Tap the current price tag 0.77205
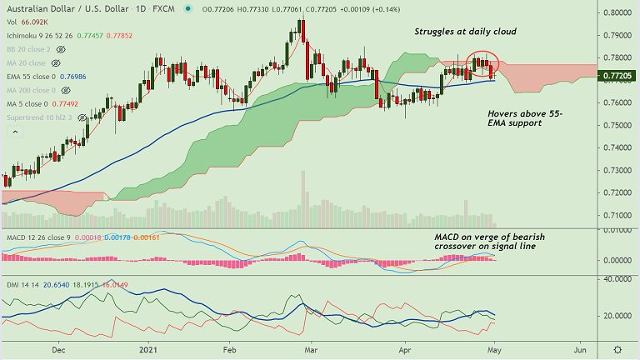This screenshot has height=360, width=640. click(619, 75)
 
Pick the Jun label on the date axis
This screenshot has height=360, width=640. click(579, 350)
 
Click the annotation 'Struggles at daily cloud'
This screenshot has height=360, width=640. click(466, 32)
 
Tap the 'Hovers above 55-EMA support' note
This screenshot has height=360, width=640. click(515, 117)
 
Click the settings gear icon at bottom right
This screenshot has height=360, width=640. click(617, 350)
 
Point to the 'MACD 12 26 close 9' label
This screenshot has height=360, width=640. click(37, 238)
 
